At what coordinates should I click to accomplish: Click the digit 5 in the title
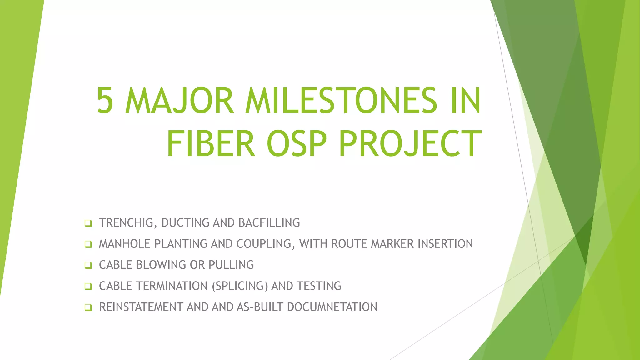105,101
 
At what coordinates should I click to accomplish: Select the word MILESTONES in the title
341,101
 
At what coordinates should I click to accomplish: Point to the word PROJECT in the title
410,144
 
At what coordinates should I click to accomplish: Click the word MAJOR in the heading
179,101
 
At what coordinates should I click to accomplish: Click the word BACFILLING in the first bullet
269,223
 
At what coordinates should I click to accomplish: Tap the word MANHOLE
125,244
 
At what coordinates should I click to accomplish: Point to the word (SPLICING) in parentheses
240,286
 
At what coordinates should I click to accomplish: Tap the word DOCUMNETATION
332,307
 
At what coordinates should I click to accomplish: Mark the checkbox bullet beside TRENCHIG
88,223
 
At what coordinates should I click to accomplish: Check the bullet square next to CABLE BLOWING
88,265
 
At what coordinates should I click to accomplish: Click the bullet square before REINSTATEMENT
88,307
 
